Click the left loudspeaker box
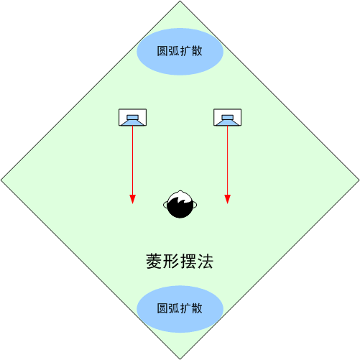[x=132, y=117]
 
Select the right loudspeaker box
[x=227, y=117]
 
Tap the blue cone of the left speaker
[x=132, y=120]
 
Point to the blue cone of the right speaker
[x=227, y=120]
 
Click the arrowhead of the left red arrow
[x=132, y=199]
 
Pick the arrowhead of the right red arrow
[x=227, y=199]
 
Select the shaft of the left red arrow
[x=132, y=160]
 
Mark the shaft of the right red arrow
[x=227, y=160]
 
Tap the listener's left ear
[x=165, y=205]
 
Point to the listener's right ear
[x=195, y=205]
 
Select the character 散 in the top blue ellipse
[x=197, y=51]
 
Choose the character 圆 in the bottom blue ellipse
[x=162, y=308]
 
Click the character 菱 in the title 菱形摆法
[x=154, y=261]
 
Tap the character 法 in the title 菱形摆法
[x=205, y=261]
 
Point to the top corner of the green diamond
[x=180, y=1]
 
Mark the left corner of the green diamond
[x=1, y=180]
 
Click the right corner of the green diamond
[x=359, y=180]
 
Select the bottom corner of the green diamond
[x=180, y=359]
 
